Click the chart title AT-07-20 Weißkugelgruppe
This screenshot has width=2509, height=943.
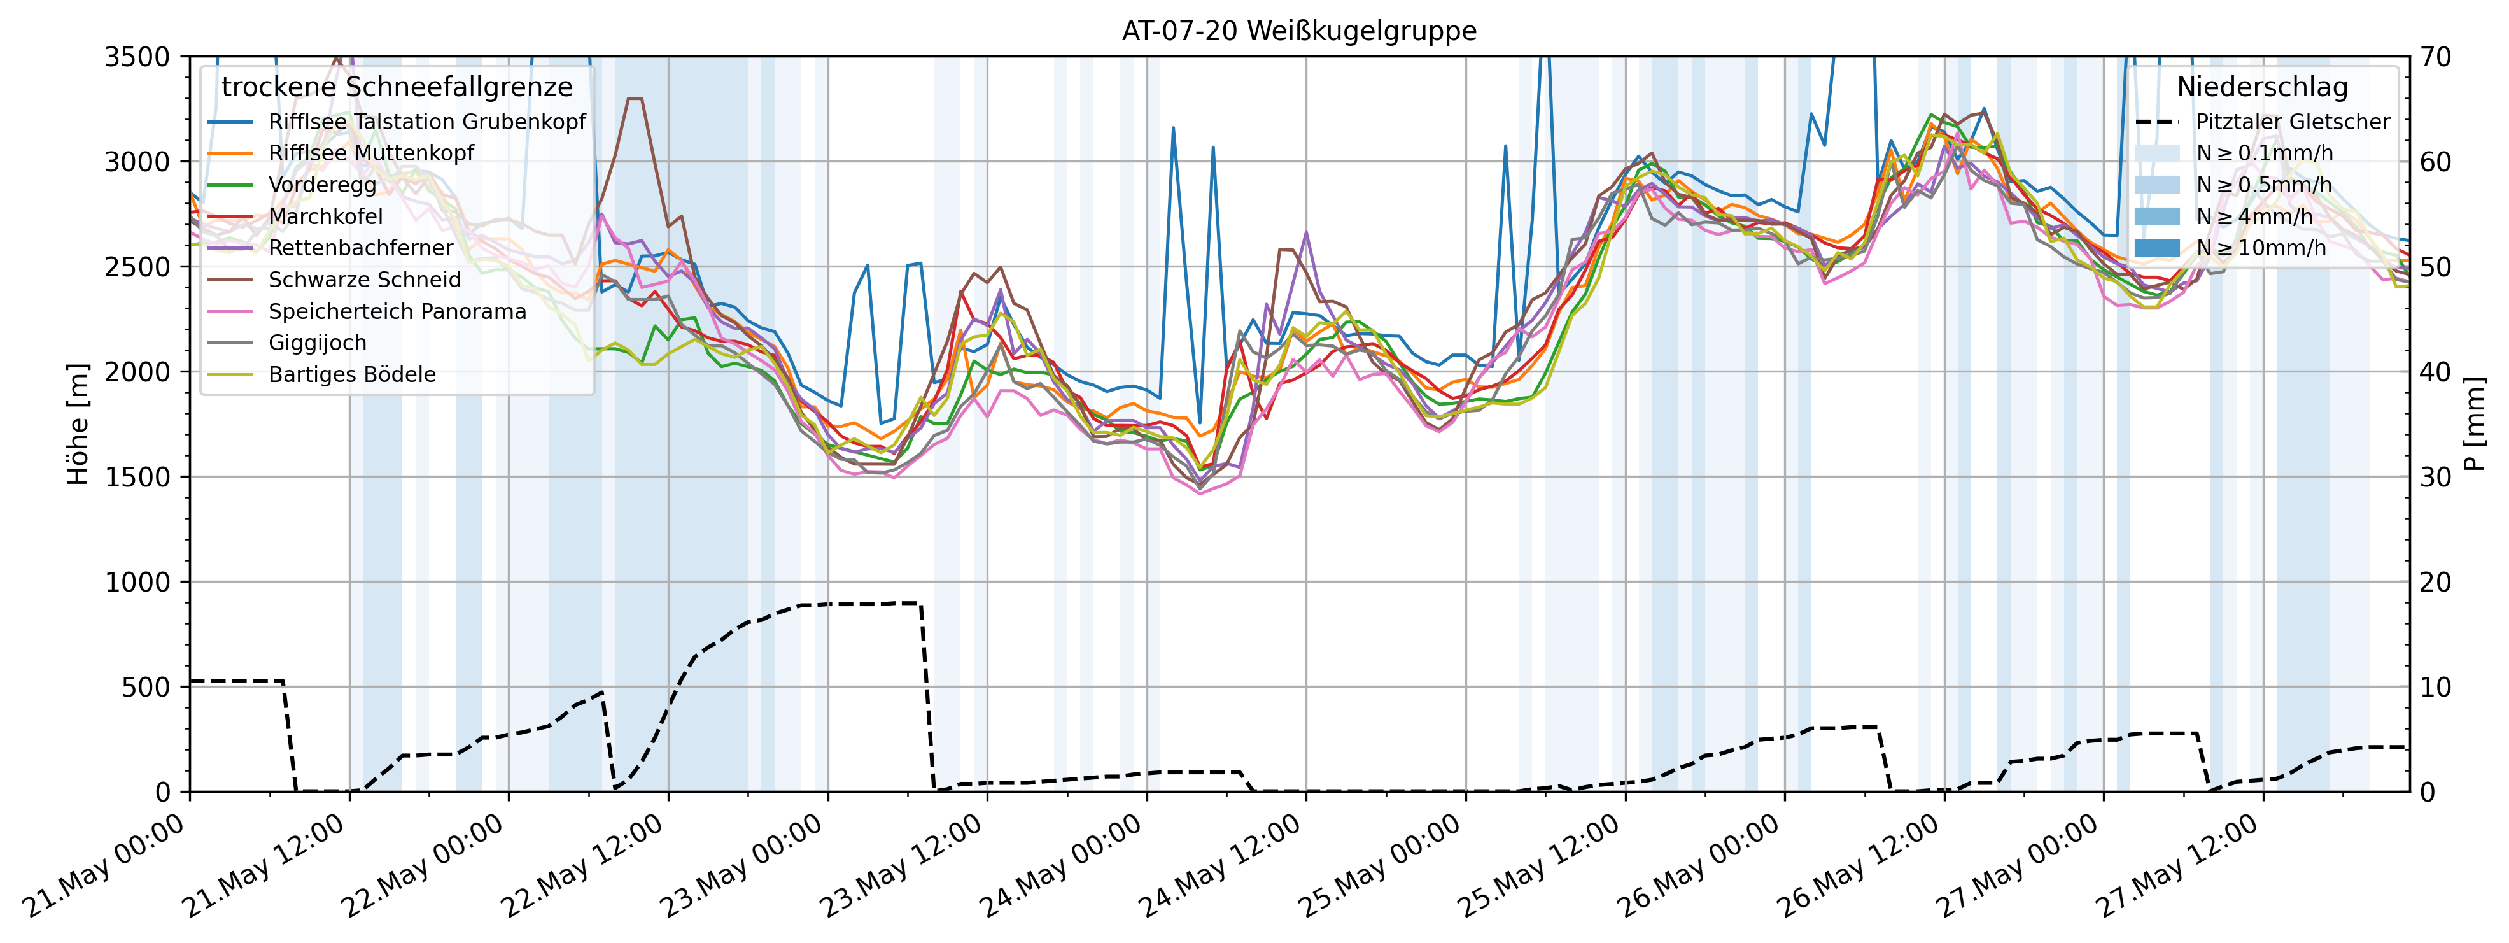[x=1298, y=31]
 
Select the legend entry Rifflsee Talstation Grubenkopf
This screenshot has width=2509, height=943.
[x=426, y=122]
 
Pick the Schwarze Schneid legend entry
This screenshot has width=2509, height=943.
[x=364, y=280]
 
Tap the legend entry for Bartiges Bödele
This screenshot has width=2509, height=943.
[x=351, y=375]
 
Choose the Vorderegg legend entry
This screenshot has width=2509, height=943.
[x=321, y=185]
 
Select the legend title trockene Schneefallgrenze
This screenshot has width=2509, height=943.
[x=397, y=88]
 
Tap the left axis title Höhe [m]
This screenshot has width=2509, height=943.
[x=78, y=424]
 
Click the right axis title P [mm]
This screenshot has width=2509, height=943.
[x=2474, y=424]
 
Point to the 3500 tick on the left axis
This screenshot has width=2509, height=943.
[x=137, y=57]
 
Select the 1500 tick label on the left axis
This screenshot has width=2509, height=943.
[x=137, y=478]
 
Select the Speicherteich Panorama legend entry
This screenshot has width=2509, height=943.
[x=397, y=312]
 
